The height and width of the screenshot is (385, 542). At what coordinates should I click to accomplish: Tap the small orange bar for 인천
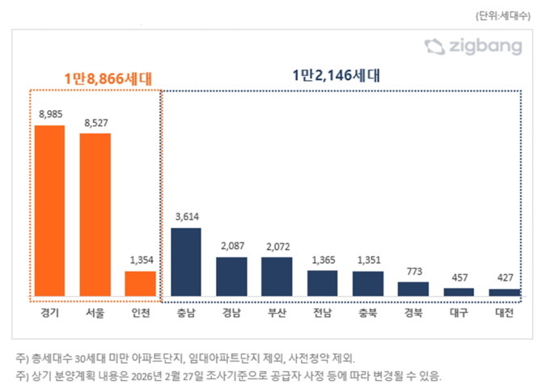click(140, 283)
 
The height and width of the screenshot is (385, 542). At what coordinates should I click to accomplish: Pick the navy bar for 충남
click(185, 261)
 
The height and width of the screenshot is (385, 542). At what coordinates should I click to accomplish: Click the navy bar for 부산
click(276, 276)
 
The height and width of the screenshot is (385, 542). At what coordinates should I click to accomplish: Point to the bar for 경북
click(413, 288)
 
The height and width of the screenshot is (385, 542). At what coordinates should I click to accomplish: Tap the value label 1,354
click(140, 260)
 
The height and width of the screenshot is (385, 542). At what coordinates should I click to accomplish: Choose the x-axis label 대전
click(505, 312)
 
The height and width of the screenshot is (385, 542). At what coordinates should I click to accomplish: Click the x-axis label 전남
click(322, 312)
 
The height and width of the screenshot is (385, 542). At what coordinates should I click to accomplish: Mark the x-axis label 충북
click(368, 312)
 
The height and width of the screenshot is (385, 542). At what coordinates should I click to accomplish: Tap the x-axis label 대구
click(459, 312)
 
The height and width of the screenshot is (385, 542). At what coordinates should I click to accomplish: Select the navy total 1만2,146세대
click(337, 76)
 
